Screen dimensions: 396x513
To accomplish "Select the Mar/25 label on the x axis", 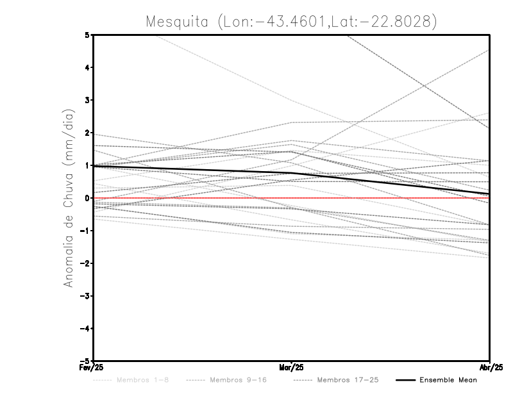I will pos(292,368).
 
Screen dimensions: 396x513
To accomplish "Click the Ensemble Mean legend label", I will pos(448,381).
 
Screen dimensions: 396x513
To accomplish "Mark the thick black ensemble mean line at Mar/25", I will pos(292,172).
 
